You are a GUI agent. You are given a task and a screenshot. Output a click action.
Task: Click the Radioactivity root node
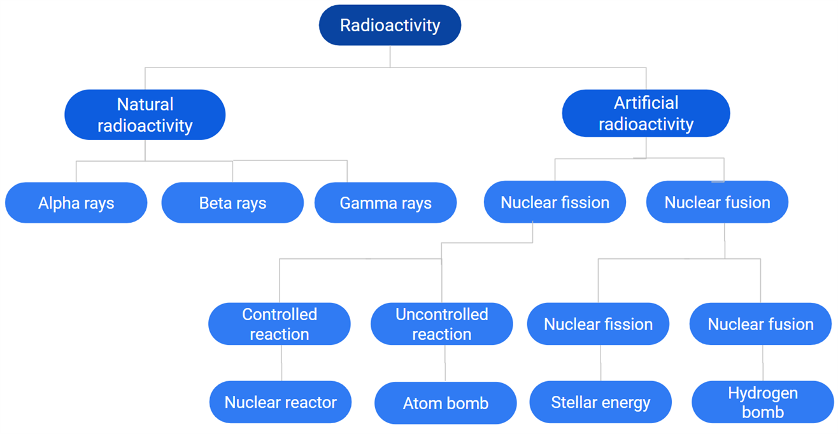(x=390, y=25)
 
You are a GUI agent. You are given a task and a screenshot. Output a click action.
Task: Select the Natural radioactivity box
(x=145, y=115)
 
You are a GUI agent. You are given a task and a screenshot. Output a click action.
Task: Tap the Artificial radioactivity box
(x=646, y=113)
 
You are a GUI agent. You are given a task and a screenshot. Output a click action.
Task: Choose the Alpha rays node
(x=76, y=203)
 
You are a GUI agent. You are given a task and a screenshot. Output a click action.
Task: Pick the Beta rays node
(x=232, y=203)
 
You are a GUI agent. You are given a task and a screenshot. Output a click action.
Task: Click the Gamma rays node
(x=385, y=203)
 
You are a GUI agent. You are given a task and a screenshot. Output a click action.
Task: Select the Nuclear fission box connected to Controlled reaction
(x=555, y=202)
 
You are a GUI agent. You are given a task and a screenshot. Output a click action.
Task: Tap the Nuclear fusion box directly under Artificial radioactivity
(x=717, y=202)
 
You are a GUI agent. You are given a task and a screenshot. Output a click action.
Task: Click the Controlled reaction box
(x=279, y=324)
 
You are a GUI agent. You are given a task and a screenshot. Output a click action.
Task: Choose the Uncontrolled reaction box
(x=441, y=324)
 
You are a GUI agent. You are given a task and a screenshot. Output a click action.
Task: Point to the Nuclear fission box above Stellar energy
(x=598, y=324)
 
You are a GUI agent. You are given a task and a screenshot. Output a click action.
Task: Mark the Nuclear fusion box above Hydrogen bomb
(x=760, y=324)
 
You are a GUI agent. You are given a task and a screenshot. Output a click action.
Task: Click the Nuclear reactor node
(x=280, y=402)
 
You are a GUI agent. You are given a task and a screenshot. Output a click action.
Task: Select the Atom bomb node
(x=445, y=403)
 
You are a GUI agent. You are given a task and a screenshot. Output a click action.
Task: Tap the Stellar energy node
(x=600, y=402)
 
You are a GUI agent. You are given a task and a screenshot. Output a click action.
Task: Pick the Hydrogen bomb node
(x=762, y=402)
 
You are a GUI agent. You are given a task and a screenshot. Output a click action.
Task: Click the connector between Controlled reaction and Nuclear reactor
(x=281, y=363)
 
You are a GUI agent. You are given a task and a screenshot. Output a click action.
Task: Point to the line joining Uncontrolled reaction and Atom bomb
(x=444, y=363)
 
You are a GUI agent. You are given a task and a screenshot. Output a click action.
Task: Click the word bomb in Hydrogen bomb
(x=762, y=412)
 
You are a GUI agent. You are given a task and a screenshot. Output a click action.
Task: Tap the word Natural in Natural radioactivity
(x=145, y=104)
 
